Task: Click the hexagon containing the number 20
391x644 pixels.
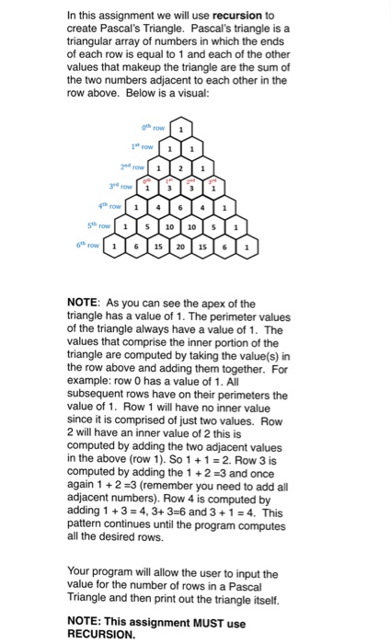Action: (181, 248)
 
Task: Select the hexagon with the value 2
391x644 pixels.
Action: (181, 169)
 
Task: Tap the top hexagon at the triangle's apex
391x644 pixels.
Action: (181, 130)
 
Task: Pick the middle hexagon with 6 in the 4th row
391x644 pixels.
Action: (181, 209)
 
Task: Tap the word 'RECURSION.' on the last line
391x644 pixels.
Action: (100, 633)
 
